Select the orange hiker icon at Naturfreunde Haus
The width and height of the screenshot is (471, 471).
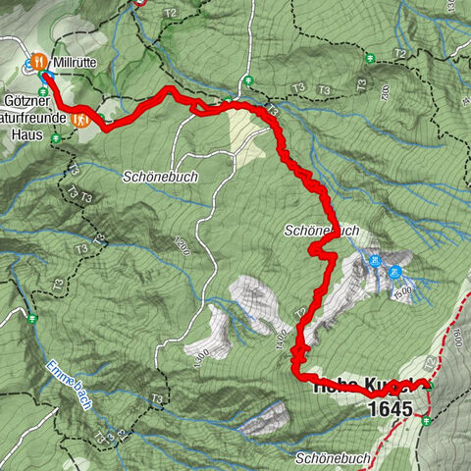click(83, 120)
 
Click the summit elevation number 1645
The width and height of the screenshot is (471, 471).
click(391, 406)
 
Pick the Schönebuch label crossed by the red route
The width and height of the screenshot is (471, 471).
click(322, 231)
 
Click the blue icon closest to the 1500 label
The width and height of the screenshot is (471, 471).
click(394, 271)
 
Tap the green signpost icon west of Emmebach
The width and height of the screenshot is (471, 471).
click(32, 319)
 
